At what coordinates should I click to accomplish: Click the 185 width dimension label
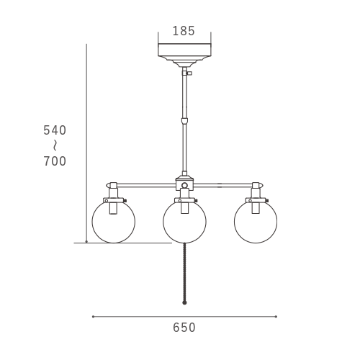click(x=184, y=31)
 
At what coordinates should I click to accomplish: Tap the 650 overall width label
click(x=184, y=328)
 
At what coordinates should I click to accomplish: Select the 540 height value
click(x=55, y=130)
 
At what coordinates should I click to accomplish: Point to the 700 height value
click(x=55, y=161)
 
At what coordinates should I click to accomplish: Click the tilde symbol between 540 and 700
click(x=55, y=145)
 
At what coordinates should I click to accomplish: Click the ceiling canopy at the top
click(x=184, y=55)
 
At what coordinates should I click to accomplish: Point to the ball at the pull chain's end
click(x=184, y=302)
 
